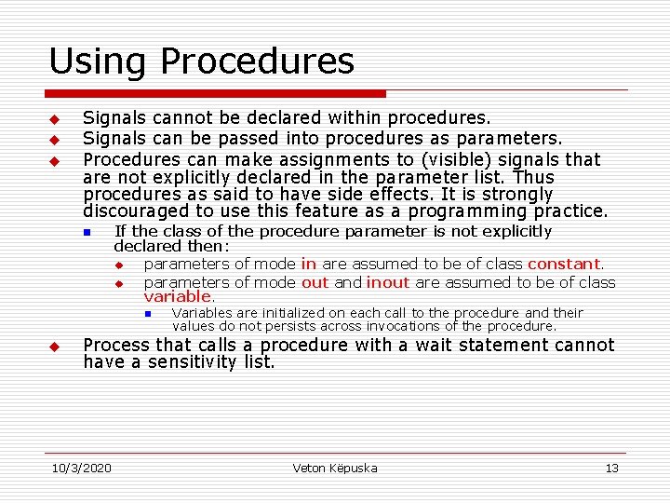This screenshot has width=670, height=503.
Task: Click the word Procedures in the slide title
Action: [x=257, y=61]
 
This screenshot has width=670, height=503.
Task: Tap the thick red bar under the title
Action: [x=216, y=94]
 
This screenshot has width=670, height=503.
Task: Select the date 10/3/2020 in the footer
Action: [x=81, y=468]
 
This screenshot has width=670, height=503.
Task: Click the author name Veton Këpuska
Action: [x=335, y=468]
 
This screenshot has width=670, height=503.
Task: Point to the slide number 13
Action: [x=611, y=468]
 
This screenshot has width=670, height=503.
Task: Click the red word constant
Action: [x=564, y=265]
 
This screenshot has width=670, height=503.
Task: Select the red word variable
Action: [x=178, y=296]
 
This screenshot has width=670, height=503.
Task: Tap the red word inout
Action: [x=387, y=282]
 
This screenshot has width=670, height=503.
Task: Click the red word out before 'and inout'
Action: [x=315, y=282]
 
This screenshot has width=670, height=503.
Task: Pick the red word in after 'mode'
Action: [x=308, y=265]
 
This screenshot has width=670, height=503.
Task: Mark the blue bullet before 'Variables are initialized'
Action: [x=148, y=314]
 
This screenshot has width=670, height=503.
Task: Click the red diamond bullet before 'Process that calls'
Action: [x=54, y=347]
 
